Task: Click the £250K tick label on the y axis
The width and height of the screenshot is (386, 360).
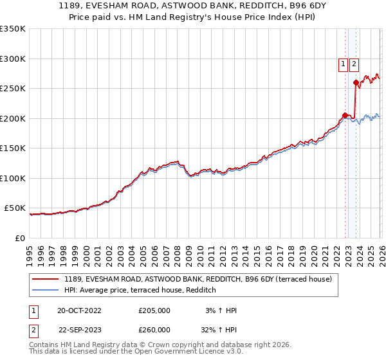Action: pos(13,89)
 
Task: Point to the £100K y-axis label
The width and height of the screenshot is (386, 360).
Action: pos(13,178)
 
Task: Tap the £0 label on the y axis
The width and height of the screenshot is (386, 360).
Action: pos(19,238)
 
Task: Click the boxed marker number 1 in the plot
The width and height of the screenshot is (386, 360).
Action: pos(343,64)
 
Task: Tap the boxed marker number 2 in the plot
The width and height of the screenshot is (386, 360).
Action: pos(354,64)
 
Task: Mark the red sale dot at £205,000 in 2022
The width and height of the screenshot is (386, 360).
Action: pos(345,116)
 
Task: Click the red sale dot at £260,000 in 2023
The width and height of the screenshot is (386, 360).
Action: pos(356,82)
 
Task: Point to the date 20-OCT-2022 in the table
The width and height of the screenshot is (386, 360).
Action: pos(79,310)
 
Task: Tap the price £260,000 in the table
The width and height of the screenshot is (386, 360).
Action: pos(154,330)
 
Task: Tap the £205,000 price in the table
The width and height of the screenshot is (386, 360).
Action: pos(154,310)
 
